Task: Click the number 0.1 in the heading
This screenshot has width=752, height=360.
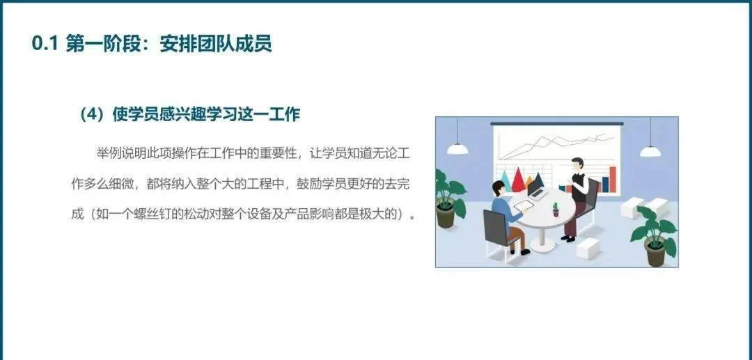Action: pyautogui.click(x=45, y=44)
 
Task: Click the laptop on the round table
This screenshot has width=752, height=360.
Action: pyautogui.click(x=538, y=191)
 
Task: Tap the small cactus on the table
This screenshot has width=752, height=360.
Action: pyautogui.click(x=556, y=210)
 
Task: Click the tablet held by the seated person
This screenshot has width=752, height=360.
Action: pyautogui.click(x=524, y=205)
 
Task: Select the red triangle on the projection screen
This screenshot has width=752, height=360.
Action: pyautogui.click(x=519, y=179)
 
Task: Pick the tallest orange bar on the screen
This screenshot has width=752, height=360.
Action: pyautogui.click(x=613, y=179)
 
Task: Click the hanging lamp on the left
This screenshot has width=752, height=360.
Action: pyautogui.click(x=457, y=149)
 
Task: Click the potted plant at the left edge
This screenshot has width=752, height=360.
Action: pyautogui.click(x=449, y=199)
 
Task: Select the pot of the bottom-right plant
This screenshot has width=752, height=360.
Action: pyautogui.click(x=656, y=255)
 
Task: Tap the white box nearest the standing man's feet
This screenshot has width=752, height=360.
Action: pyautogui.click(x=588, y=248)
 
